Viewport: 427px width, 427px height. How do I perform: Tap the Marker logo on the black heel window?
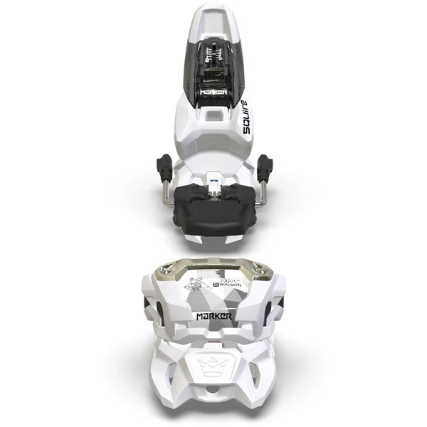pyautogui.click(x=214, y=92)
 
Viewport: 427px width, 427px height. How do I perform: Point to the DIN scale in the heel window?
pyautogui.click(x=214, y=57)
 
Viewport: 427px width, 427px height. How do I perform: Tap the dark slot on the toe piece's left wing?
pyautogui.click(x=147, y=306)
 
